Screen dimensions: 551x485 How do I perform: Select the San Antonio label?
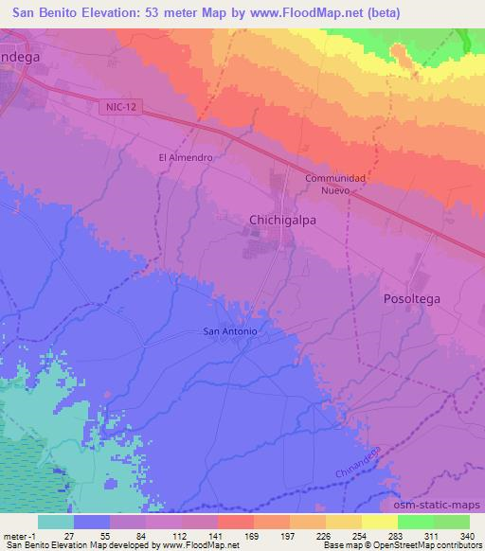coord(231,331)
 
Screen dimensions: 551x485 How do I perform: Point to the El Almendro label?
coord(183,158)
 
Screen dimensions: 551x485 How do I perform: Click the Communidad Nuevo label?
coord(335,184)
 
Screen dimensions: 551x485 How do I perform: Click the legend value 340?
coord(468,536)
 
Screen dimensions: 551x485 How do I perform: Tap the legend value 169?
coord(253,536)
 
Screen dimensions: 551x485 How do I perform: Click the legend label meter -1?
coord(19,536)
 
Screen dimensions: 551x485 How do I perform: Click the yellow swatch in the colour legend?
coord(379,522)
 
